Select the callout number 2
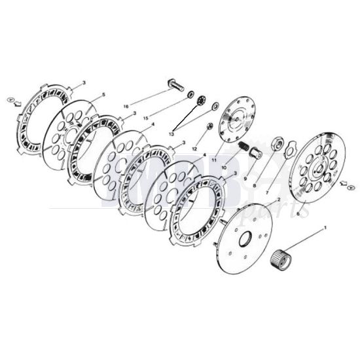(x=279, y=198)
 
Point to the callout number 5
(x=103, y=96)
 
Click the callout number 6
(x=298, y=214)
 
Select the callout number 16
(x=127, y=105)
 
